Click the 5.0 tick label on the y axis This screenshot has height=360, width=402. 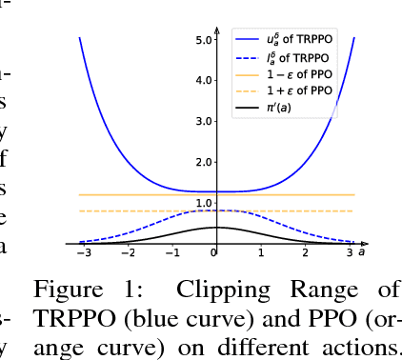(x=204, y=40)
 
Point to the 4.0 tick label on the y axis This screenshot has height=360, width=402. (x=204, y=81)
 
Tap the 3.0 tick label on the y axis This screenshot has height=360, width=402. (x=204, y=122)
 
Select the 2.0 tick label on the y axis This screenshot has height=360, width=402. (x=204, y=163)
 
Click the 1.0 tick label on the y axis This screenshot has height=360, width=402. (x=204, y=204)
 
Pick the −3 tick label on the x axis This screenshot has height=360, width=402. (x=83, y=253)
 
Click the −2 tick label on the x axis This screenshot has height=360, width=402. (x=127, y=253)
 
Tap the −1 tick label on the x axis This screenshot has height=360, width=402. (x=171, y=253)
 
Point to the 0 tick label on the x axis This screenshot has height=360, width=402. (x=215, y=253)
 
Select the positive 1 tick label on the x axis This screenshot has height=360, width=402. (x=261, y=253)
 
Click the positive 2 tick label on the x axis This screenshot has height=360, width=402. (x=305, y=253)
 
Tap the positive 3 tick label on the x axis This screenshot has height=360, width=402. (x=349, y=253)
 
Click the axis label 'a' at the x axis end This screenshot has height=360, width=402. (x=362, y=251)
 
